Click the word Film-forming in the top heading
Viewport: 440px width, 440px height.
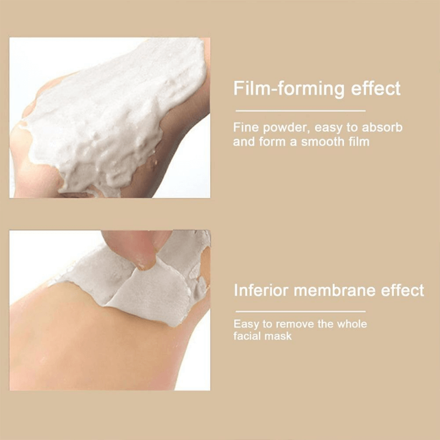pos(289,89)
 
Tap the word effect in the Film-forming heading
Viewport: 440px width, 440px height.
pos(376,88)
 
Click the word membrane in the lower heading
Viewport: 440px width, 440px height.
pos(334,290)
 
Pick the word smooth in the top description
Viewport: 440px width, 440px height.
pos(323,141)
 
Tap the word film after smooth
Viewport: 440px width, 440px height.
pos(359,141)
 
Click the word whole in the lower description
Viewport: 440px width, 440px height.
pos(352,324)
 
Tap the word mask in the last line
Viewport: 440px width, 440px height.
pos(279,336)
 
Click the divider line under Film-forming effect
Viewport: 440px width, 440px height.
pos(300,111)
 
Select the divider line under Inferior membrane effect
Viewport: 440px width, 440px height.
pos(300,311)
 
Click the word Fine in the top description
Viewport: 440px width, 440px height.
pos(245,128)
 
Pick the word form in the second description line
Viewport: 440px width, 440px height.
pos(270,141)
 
